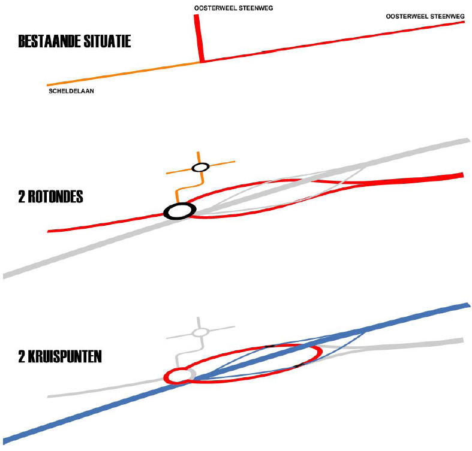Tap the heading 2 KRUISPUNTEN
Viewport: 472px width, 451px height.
(60, 357)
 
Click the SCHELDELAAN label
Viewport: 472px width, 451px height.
(72, 92)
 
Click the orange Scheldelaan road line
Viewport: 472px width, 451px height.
(120, 74)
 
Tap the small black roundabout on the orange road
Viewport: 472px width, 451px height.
(200, 167)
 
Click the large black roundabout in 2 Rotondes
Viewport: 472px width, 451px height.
(179, 211)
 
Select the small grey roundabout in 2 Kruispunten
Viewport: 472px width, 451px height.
(200, 332)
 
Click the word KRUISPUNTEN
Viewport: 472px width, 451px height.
(67, 357)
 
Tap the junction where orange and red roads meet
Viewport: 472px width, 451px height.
(201, 61)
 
